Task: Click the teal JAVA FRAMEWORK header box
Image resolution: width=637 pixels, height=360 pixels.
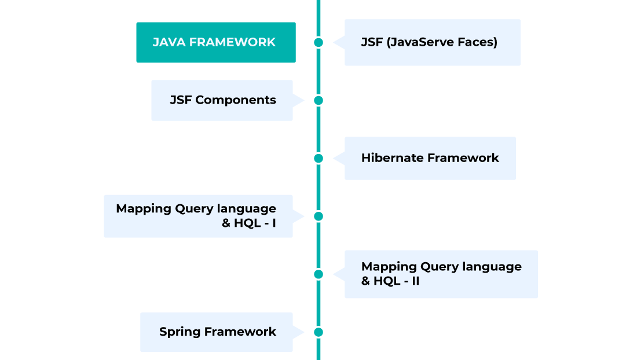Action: coord(215,42)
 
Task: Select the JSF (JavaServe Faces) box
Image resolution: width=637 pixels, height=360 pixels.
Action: coord(432,42)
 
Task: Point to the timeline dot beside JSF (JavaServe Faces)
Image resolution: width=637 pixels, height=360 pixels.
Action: coord(318,42)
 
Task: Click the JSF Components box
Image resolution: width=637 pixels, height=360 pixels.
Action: coord(222,100)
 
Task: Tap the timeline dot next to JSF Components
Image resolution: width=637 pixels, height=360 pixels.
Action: coord(318,100)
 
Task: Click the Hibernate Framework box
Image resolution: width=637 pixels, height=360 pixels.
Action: coord(430,158)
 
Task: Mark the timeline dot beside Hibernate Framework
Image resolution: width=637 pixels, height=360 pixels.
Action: coord(318,158)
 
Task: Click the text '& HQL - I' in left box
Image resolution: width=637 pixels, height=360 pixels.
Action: coord(249,223)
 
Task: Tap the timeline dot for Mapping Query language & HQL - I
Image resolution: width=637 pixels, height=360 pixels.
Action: coord(318,216)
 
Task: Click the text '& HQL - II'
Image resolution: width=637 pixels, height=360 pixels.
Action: coord(390,281)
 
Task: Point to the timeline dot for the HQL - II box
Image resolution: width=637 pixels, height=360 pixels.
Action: coord(318,274)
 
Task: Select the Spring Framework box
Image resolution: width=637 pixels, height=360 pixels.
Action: coord(217,332)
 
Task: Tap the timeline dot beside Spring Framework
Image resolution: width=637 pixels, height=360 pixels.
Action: coord(318,332)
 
